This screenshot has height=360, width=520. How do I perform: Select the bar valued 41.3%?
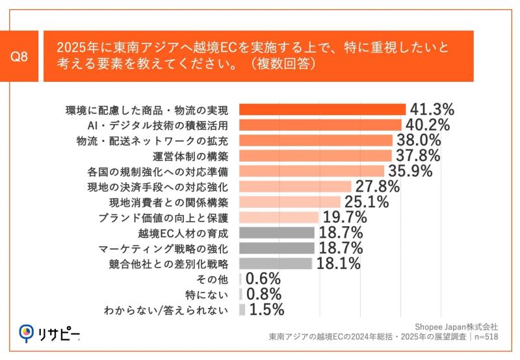point(322,109)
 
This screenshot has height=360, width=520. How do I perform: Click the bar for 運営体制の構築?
point(316,156)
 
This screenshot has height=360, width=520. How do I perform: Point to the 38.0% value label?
point(418,140)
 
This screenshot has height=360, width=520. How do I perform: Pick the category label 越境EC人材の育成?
point(183,233)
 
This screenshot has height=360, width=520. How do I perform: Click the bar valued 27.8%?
point(296,186)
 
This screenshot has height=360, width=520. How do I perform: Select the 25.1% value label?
point(366,202)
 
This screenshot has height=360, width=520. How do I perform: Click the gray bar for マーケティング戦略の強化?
point(277,248)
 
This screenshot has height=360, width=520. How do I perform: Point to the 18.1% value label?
point(338,264)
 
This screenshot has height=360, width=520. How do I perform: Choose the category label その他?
point(215,279)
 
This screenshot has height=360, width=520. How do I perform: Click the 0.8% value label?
point(263,294)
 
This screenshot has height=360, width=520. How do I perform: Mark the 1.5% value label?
point(266,310)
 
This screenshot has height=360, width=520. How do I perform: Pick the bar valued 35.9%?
point(312,172)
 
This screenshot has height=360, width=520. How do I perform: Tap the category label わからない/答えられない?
point(166,311)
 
